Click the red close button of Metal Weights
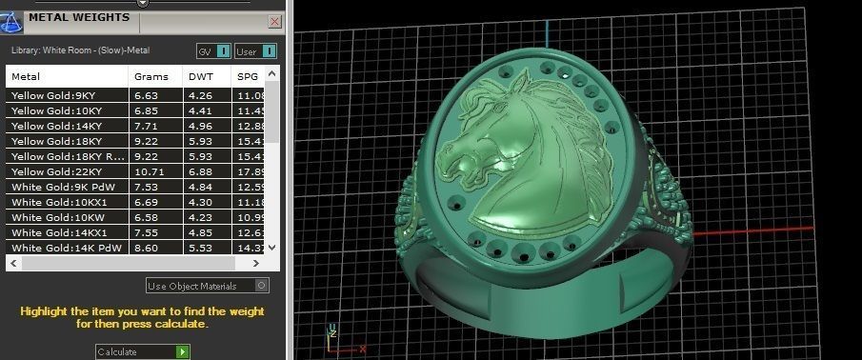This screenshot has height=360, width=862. tap(275, 20)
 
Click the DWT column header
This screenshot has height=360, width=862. tap(200, 76)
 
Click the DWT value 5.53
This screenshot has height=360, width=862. tap(199, 248)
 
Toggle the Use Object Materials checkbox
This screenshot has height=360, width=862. tap(262, 285)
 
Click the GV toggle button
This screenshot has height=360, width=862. tap(223, 50)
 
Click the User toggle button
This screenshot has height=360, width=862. tap(270, 50)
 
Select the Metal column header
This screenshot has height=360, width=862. tap(26, 76)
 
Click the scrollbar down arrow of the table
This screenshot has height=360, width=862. tap(273, 247)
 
